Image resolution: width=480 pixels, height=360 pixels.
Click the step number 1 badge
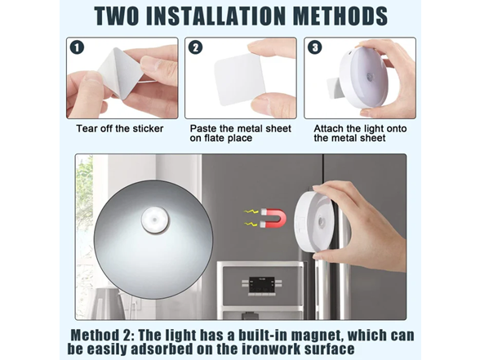tap(77, 47)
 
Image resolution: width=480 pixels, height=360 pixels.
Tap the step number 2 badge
tap(196, 47)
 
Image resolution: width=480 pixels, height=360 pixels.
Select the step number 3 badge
tap(315, 47)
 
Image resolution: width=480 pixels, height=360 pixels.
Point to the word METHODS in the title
tap(340, 16)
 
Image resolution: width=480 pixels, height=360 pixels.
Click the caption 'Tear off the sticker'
tap(120, 129)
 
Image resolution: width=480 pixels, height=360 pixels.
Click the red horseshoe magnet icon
tap(273, 219)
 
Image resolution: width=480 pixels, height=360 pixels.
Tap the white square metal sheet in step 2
tap(240, 79)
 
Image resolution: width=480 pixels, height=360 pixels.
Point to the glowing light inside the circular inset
tap(155, 220)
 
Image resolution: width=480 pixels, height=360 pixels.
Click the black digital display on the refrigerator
tap(261, 285)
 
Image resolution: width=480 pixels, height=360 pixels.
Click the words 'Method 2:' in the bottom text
tap(102, 336)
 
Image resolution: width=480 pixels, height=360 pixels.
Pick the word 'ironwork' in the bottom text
tap(271, 349)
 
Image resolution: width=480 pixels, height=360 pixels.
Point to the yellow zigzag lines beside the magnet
tap(251, 218)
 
